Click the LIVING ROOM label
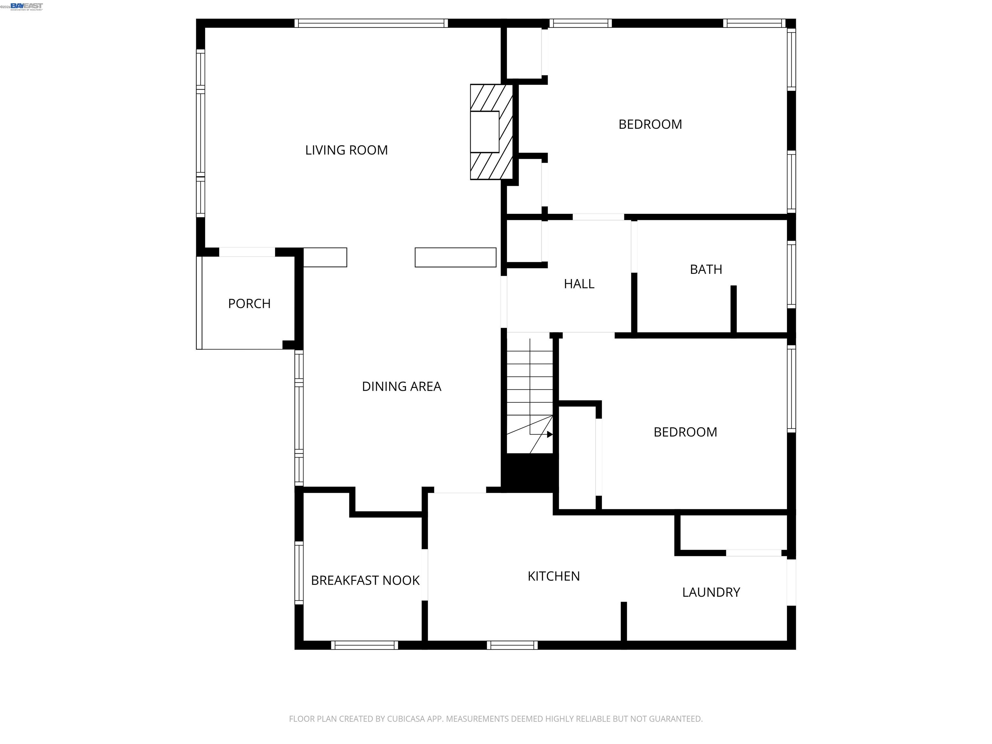pyautogui.click(x=346, y=150)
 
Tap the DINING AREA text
pyautogui.click(x=401, y=386)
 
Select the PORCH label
pyautogui.click(x=249, y=304)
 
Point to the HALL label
pyautogui.click(x=579, y=284)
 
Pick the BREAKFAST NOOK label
pyautogui.click(x=365, y=580)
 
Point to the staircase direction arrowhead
pyautogui.click(x=550, y=434)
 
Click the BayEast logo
pyautogui.click(x=26, y=6)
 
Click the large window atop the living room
pyautogui.click(x=371, y=23)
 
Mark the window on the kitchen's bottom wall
pyautogui.click(x=512, y=645)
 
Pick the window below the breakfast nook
pyautogui.click(x=365, y=645)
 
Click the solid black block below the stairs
pyautogui.click(x=530, y=473)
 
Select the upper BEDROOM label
pyautogui.click(x=650, y=124)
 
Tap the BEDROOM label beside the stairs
pyautogui.click(x=685, y=432)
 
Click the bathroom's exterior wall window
pyautogui.click(x=791, y=274)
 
